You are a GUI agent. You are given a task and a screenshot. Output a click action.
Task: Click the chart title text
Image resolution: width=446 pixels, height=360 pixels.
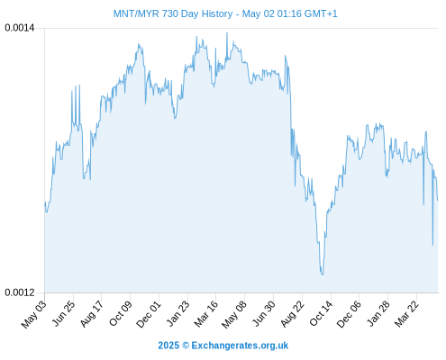click(x=225, y=13)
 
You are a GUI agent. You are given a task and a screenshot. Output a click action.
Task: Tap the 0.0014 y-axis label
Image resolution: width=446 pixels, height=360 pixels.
click(x=20, y=28)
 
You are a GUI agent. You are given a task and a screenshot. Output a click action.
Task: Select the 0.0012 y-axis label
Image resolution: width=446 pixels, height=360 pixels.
click(x=20, y=292)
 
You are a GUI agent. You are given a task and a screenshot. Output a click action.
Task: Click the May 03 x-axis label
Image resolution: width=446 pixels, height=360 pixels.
click(x=33, y=314)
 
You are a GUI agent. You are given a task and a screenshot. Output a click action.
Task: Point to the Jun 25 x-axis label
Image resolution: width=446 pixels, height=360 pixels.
click(x=63, y=314)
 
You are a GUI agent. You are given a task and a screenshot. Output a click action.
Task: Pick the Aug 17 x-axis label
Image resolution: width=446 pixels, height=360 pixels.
click(x=92, y=314)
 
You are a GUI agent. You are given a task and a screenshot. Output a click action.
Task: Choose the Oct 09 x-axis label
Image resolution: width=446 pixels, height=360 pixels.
click(x=120, y=314)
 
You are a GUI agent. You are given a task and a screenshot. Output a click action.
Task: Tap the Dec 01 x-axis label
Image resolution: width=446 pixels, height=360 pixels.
click(x=149, y=314)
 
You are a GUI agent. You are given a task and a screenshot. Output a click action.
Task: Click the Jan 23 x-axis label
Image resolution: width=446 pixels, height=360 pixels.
click(x=177, y=314)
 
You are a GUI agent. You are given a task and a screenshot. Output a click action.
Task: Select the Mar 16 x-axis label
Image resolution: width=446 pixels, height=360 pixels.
click(x=205, y=314)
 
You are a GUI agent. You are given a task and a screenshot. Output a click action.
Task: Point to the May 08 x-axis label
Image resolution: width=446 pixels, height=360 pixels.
click(x=234, y=314)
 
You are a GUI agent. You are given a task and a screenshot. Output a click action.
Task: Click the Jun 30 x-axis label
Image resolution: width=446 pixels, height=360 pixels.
click(x=263, y=314)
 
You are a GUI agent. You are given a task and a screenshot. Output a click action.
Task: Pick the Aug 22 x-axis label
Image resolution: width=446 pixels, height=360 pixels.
click(x=292, y=314)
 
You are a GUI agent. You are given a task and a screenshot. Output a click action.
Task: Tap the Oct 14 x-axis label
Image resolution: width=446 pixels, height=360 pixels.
click(x=321, y=314)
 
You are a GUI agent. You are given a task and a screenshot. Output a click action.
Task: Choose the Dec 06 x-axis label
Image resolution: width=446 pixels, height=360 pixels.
click(x=349, y=314)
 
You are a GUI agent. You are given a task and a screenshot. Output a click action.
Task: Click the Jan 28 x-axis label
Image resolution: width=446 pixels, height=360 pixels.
click(x=378, y=314)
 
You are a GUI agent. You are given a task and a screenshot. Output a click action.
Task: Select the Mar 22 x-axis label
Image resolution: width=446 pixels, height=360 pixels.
click(x=406, y=314)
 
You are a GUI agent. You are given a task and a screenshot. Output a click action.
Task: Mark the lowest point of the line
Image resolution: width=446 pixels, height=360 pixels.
click(x=323, y=274)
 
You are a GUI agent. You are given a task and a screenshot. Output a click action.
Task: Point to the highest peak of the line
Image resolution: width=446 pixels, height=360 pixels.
click(x=227, y=33)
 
